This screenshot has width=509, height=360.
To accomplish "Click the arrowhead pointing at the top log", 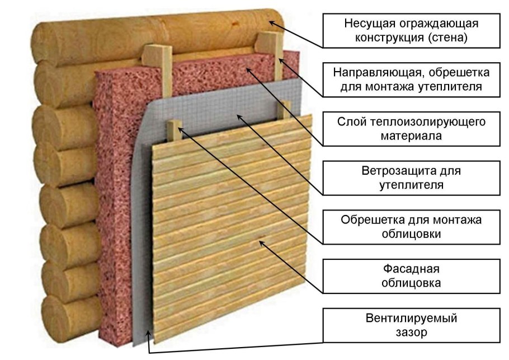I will click(x=271, y=23).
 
